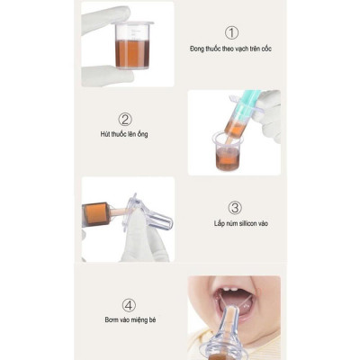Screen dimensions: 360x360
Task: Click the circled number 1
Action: click(231, 32)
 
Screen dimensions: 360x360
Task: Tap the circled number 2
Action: click(125, 120)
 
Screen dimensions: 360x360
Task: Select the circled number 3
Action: click(235, 208)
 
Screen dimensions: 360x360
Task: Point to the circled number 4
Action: click(129, 305)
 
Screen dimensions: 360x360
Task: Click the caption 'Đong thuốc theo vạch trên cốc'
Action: click(230, 49)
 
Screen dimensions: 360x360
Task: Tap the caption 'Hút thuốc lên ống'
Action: click(124, 134)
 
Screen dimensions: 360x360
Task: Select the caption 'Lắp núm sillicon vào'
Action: click(241, 223)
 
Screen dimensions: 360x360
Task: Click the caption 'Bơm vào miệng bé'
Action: click(130, 320)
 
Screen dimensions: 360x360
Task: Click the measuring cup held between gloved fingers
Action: click(132, 45)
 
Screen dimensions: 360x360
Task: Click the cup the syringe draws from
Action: click(227, 151)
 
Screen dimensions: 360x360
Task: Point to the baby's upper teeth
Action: click(229, 290)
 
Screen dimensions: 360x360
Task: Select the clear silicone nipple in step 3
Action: click(149, 213)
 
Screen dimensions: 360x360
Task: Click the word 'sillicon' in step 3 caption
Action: click(248, 223)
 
